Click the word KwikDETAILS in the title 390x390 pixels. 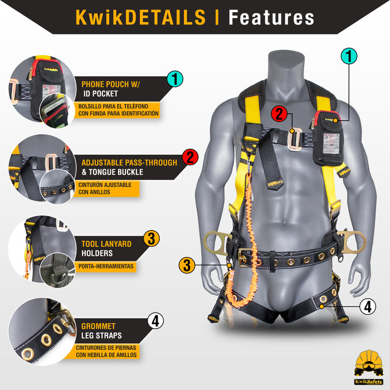coord(140,17)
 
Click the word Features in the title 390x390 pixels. coord(271,17)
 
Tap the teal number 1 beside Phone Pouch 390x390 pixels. coord(174,79)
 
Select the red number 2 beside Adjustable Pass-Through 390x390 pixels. coord(189,157)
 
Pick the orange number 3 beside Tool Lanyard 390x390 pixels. coord(151,239)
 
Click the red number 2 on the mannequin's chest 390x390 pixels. coord(279,114)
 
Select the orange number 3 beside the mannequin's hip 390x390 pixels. coord(188,265)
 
